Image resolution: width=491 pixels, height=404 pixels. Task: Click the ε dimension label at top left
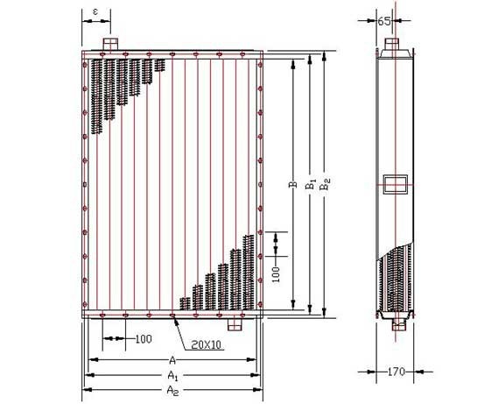[x=95, y=11]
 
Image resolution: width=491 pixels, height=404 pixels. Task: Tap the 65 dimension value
[x=384, y=21]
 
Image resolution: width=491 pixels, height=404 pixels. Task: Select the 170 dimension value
[x=396, y=372]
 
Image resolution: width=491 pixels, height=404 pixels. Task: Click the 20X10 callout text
[x=206, y=345]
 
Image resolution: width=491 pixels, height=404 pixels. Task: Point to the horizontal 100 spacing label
[x=144, y=339]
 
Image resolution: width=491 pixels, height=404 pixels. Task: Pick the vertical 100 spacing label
[x=276, y=274]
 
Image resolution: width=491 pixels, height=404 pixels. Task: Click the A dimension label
[x=172, y=360]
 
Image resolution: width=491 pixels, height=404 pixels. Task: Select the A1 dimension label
[x=172, y=375]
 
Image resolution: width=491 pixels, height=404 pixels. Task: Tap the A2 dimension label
[x=172, y=391]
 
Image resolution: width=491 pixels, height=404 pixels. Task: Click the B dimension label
[x=293, y=184]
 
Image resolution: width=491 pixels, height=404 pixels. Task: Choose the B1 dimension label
[x=311, y=184]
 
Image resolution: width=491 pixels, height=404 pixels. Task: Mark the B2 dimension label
[x=325, y=184]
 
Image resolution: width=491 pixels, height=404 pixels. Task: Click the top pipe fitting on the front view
[x=110, y=44]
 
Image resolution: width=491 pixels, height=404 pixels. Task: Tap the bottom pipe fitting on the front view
[x=235, y=324]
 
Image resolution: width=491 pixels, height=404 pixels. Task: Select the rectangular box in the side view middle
[x=396, y=184]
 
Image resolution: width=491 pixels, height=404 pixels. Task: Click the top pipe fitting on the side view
[x=392, y=44]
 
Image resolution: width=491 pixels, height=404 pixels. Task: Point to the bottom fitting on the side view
[x=398, y=325]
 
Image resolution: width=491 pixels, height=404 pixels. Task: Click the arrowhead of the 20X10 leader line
[x=175, y=319]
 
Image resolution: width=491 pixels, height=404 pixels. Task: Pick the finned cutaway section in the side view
[x=396, y=279]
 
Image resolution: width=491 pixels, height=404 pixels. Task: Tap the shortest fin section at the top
[x=159, y=65]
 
